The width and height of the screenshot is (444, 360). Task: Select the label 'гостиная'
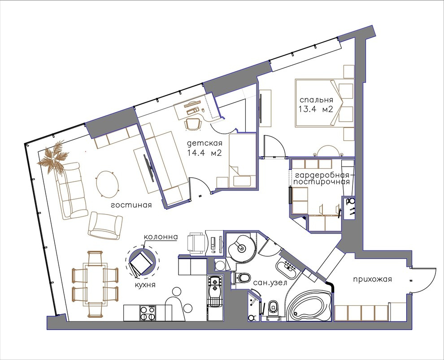pyautogui.click(x=131, y=205)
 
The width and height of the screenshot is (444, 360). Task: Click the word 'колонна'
pyautogui.click(x=161, y=237)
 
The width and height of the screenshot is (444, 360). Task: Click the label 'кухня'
pyautogui.click(x=145, y=284)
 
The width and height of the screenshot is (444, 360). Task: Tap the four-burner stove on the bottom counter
pyautogui.click(x=148, y=313)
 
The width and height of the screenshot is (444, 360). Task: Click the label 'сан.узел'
pyautogui.click(x=270, y=283)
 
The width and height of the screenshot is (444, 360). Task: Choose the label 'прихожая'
pyautogui.click(x=373, y=280)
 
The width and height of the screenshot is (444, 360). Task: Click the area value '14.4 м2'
pyautogui.click(x=204, y=154)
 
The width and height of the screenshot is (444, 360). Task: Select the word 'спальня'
pyautogui.click(x=316, y=100)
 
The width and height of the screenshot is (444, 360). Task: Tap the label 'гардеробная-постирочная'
pyautogui.click(x=322, y=178)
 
